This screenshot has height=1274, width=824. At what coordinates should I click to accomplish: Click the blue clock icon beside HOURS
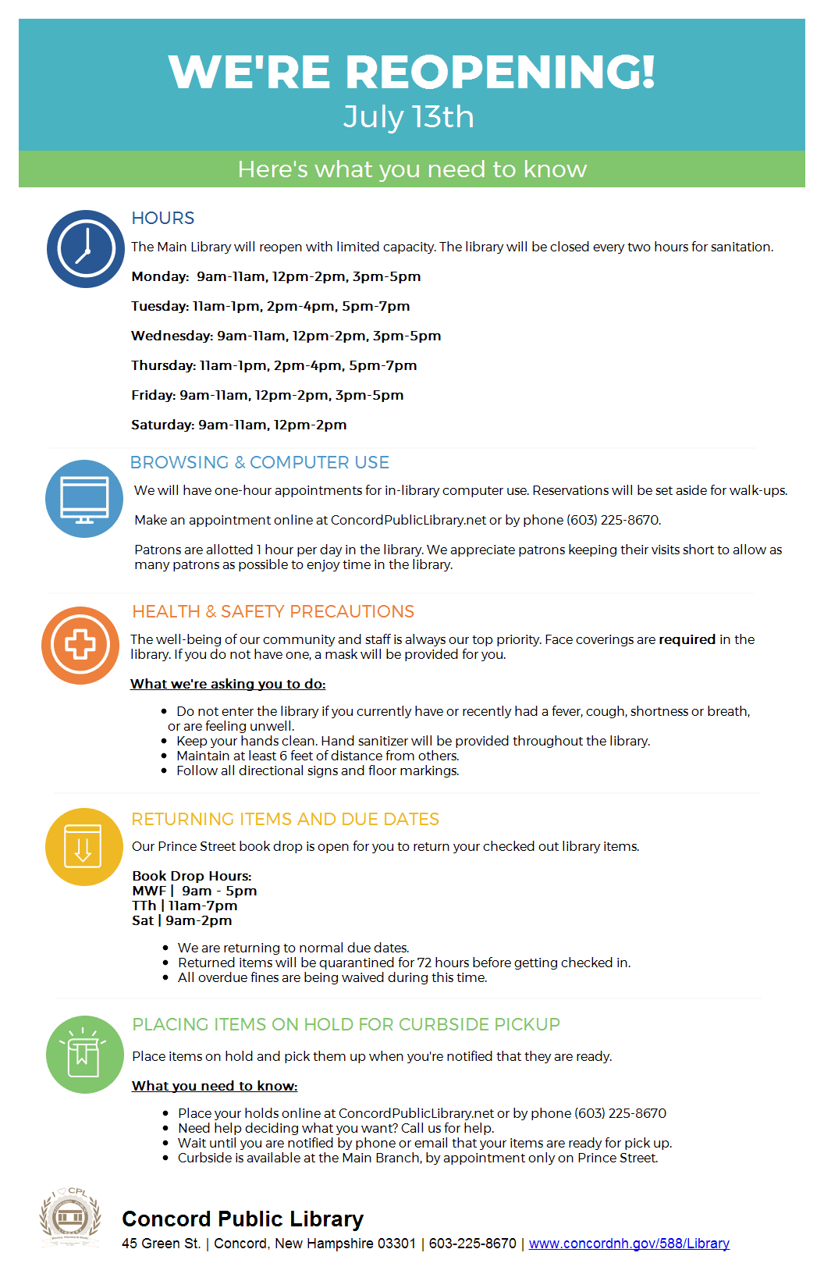point(86,249)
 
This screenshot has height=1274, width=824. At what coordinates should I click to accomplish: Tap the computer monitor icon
point(84,499)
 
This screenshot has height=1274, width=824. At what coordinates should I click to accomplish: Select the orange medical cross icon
point(80,646)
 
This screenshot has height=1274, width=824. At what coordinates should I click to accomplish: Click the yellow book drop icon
point(83,847)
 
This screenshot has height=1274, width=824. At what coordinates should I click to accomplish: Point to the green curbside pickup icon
point(84,1055)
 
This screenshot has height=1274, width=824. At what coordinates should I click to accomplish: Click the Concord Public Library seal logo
point(70,1218)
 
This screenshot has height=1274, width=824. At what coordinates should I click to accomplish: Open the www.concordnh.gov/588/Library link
point(629,1244)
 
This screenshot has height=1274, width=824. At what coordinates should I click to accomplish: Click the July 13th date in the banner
point(409,117)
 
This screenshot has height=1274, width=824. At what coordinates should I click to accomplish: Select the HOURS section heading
point(163,219)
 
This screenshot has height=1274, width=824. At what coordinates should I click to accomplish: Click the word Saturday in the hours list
point(162,425)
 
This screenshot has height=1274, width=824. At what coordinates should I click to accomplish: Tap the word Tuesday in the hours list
point(159,306)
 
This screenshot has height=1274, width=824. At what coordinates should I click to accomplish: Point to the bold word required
point(687,639)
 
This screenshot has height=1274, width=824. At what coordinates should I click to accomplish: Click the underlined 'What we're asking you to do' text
point(228,684)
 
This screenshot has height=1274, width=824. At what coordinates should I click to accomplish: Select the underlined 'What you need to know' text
point(215,1086)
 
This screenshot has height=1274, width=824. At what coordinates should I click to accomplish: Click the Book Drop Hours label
point(192,876)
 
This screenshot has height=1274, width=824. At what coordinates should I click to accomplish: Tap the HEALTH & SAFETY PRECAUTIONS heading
point(273,612)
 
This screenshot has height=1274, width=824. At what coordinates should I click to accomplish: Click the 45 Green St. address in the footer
point(162,1244)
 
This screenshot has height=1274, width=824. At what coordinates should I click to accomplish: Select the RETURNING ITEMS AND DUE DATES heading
point(286,820)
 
